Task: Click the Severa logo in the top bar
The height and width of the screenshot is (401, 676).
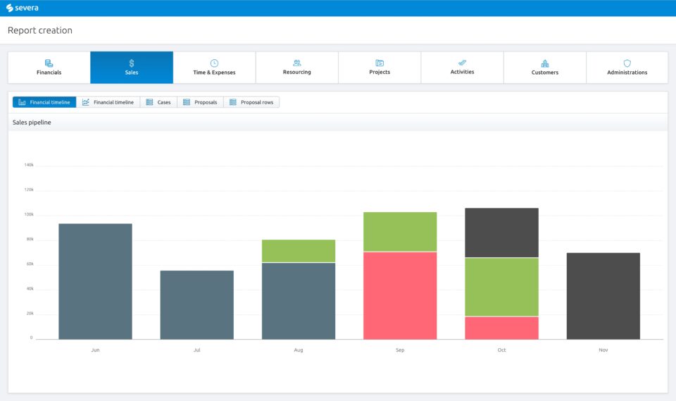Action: pyautogui.click(x=23, y=8)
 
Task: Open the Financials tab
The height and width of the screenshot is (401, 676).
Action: pyautogui.click(x=49, y=68)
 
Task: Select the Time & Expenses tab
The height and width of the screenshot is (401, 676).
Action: pyautogui.click(x=214, y=68)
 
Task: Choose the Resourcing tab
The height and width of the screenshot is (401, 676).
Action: pyautogui.click(x=296, y=68)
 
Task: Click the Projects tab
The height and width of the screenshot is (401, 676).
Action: pyautogui.click(x=380, y=68)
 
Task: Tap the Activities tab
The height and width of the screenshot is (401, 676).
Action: pyautogui.click(x=462, y=68)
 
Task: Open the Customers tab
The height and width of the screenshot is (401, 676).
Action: pyautogui.click(x=544, y=68)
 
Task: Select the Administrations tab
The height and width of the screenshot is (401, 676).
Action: pyautogui.click(x=627, y=68)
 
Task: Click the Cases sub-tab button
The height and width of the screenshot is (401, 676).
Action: pyautogui.click(x=158, y=102)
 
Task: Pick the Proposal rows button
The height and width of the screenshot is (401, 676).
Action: pyautogui.click(x=251, y=102)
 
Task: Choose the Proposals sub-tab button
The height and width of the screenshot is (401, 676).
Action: pyautogui.click(x=200, y=102)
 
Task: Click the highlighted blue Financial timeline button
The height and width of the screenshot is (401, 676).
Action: pyautogui.click(x=44, y=102)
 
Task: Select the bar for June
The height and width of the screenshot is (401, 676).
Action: pyautogui.click(x=95, y=281)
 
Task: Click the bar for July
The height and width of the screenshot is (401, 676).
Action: pyautogui.click(x=196, y=304)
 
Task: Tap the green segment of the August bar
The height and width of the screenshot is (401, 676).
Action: pyautogui.click(x=299, y=251)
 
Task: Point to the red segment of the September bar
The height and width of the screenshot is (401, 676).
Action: pyautogui.click(x=400, y=295)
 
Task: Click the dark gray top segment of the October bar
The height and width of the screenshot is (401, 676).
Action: pyautogui.click(x=501, y=233)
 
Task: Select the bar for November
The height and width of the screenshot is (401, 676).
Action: pyautogui.click(x=603, y=296)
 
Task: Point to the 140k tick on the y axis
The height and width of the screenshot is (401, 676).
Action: pyautogui.click(x=29, y=165)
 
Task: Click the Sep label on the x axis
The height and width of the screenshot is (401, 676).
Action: pyautogui.click(x=400, y=350)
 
